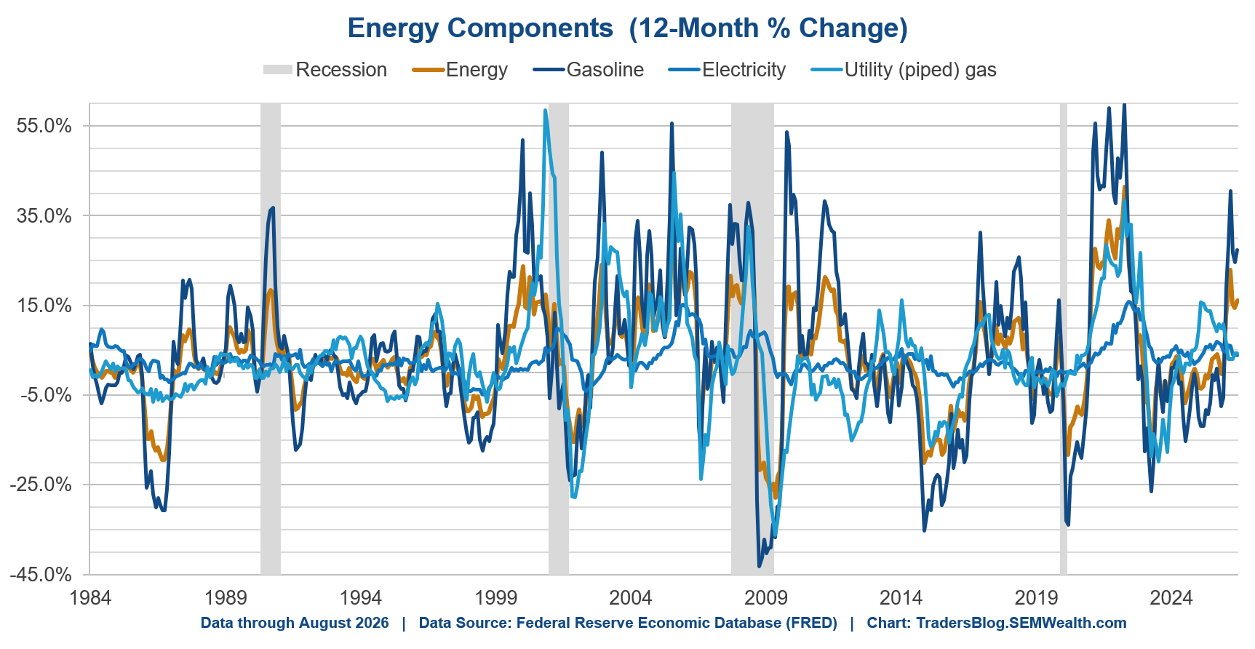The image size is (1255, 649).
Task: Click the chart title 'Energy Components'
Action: [480, 28]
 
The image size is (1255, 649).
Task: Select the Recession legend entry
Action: [325, 70]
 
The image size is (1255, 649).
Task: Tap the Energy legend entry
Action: [460, 70]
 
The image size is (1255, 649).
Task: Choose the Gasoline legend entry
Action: [589, 70]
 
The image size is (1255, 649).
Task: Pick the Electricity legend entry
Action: [727, 70]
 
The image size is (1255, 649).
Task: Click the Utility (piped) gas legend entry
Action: [904, 70]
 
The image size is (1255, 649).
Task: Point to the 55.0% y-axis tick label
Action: [44, 126]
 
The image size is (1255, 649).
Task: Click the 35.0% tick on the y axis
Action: [44, 215]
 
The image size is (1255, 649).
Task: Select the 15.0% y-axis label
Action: [44, 306]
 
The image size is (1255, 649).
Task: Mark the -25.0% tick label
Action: [41, 485]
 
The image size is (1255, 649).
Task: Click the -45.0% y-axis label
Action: [41, 575]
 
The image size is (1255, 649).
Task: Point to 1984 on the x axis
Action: [90, 598]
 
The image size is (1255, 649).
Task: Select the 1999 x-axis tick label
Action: [495, 598]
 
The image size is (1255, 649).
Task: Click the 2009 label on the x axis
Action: [766, 598]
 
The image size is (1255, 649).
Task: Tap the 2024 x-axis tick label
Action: [1171, 598]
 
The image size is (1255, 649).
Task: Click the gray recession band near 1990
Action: [271, 339]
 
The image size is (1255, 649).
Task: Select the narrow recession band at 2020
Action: [1064, 339]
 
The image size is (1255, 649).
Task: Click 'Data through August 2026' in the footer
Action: [295, 624]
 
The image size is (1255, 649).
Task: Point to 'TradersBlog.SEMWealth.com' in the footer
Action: [1021, 624]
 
